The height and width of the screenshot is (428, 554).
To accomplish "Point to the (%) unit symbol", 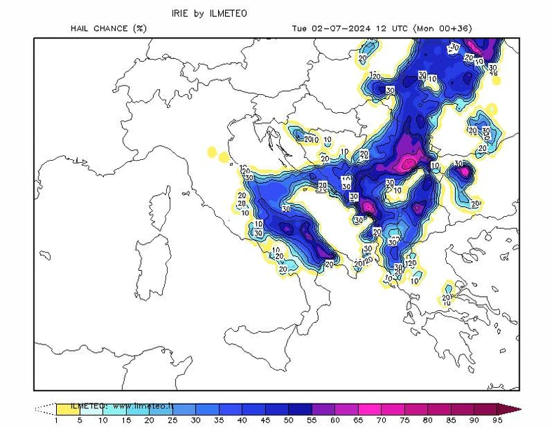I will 140,29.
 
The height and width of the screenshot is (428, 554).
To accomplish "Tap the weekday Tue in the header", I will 299,29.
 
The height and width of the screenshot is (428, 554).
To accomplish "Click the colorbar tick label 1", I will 57,420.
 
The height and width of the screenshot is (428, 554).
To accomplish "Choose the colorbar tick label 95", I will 497,420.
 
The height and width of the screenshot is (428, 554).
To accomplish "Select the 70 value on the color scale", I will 381,420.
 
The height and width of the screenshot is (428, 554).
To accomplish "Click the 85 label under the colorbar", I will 451,420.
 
